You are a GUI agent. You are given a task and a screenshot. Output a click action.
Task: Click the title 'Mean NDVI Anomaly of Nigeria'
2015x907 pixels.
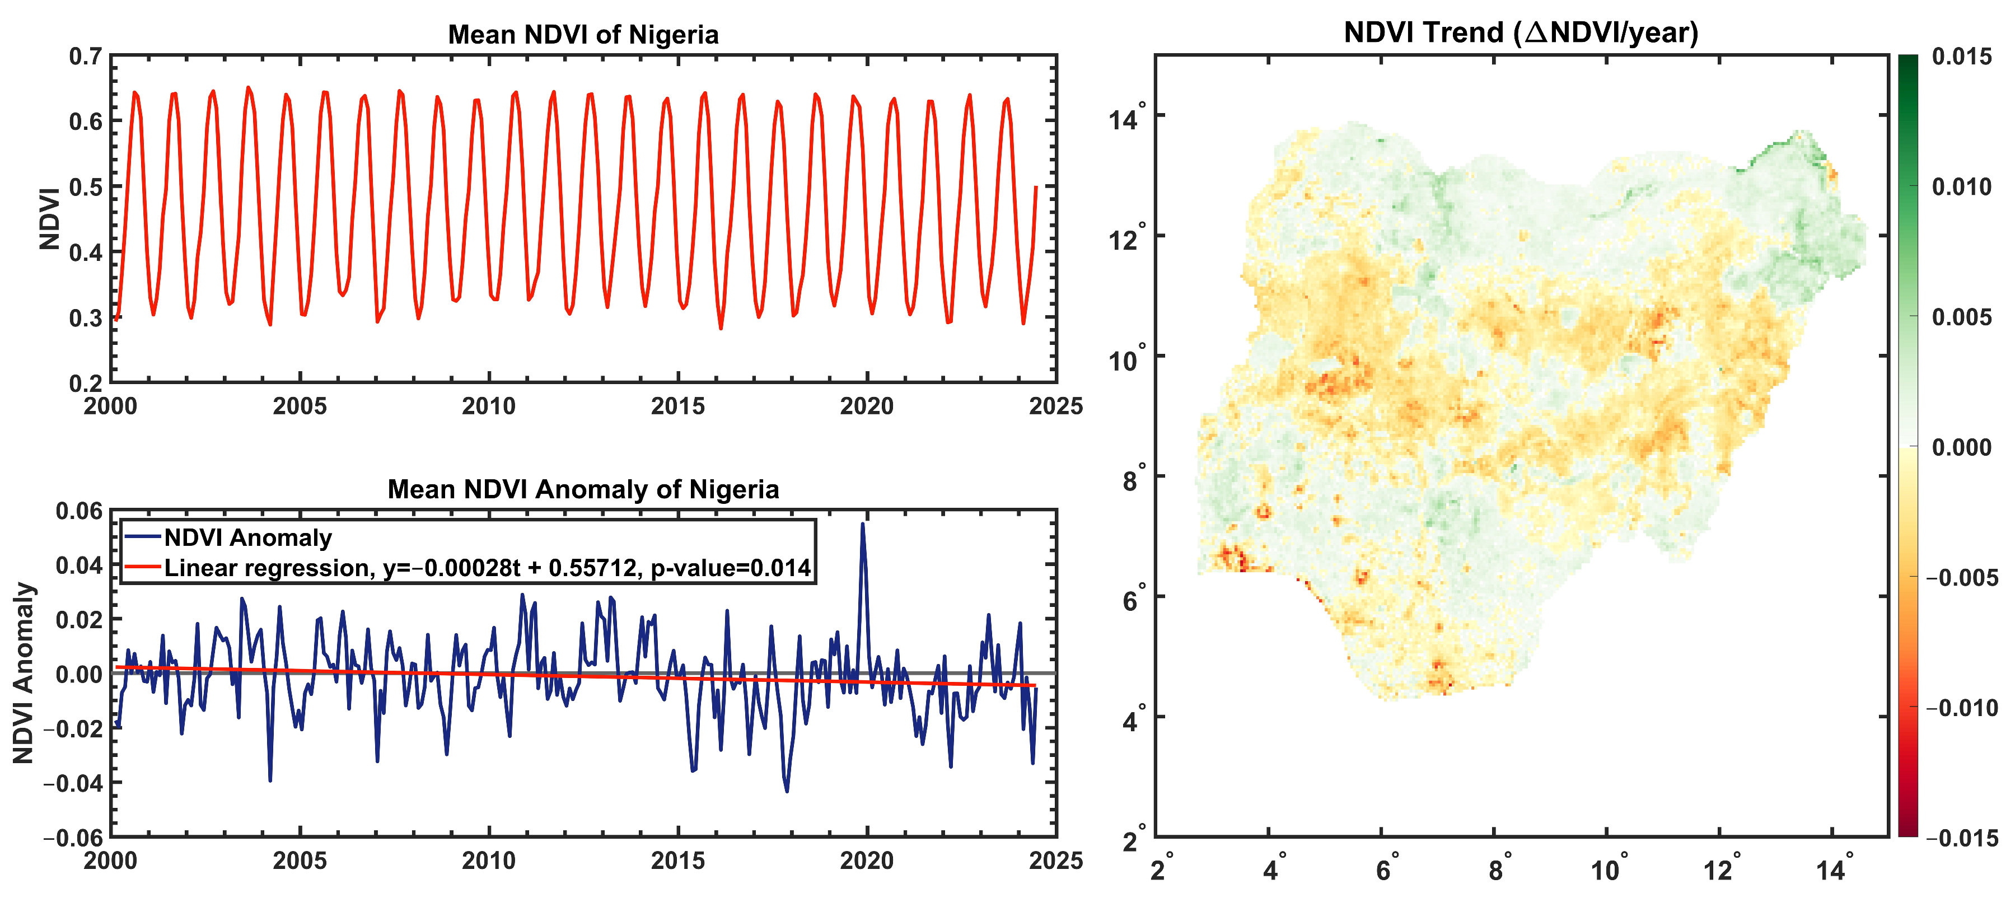[x=583, y=489]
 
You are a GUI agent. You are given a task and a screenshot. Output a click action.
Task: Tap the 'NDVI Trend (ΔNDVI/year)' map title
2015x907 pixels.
[x=1521, y=33]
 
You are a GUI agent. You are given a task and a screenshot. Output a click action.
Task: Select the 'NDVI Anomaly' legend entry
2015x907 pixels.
[x=247, y=538]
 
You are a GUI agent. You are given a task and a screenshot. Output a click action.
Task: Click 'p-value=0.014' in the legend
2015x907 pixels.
[x=731, y=568]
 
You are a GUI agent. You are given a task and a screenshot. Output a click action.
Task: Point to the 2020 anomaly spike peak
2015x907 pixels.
[x=863, y=524]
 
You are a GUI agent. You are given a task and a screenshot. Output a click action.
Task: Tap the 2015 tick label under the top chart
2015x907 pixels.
[x=677, y=406]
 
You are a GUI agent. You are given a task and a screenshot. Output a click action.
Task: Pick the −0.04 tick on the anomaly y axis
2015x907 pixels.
[x=73, y=783]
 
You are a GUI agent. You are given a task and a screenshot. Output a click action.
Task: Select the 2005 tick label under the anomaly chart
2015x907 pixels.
[x=300, y=861]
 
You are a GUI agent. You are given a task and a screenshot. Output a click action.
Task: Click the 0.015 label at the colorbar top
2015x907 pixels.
[x=1961, y=57]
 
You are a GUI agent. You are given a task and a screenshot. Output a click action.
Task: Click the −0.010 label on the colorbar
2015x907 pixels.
[x=1961, y=708]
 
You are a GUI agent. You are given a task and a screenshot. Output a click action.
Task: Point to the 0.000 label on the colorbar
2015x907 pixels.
[x=1961, y=447]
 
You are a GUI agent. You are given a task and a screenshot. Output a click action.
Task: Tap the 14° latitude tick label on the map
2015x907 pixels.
[x=1126, y=118]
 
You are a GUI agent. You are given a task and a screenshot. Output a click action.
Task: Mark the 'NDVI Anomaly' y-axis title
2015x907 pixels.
[x=24, y=672]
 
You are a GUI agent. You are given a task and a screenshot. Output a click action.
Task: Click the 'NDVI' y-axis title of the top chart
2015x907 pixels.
[x=50, y=219]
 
